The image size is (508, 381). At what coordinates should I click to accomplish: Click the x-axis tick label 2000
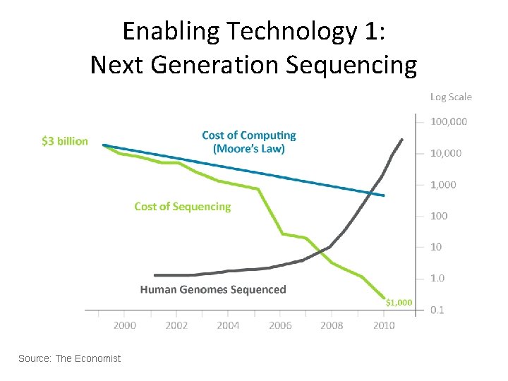coord(125,325)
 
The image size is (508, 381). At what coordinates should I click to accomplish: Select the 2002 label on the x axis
coord(176,325)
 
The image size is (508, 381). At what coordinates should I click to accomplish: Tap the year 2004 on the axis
coord(228,325)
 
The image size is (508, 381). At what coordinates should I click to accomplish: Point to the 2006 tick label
coord(280,325)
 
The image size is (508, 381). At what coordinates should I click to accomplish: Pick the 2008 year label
coord(332,325)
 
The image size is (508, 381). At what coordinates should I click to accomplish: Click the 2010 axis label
coord(383,325)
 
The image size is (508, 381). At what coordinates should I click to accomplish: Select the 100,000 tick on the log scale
coord(449,121)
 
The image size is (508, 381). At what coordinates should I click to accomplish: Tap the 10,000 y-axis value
coord(446,153)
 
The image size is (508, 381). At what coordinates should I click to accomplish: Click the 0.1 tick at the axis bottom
coord(437,310)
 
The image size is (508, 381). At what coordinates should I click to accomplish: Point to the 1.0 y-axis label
coord(437,279)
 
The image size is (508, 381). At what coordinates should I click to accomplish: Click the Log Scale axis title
coord(451,97)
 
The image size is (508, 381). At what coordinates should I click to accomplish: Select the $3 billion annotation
coord(65,141)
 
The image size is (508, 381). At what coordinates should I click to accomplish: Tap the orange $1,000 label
coord(399,303)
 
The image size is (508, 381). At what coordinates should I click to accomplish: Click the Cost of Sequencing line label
coord(182,207)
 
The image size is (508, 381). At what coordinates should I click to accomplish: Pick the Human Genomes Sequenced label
coord(213,289)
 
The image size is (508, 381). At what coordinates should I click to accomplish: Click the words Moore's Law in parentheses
coord(249,149)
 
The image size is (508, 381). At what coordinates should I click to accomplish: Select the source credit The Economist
coord(69,359)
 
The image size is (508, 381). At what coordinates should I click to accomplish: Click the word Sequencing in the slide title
coord(351,66)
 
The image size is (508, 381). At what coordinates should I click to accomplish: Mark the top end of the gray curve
coord(402,140)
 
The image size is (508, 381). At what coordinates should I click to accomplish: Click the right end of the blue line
coord(384,195)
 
